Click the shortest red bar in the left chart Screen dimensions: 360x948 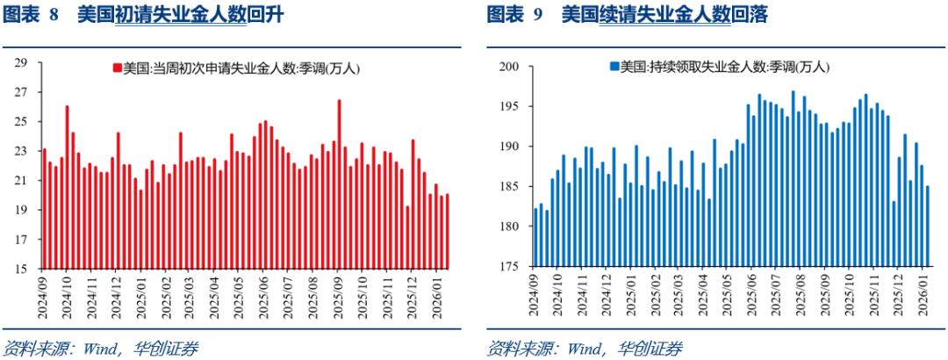coord(407,238)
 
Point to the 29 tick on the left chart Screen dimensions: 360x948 coord(23,62)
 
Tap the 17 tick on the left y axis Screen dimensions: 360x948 coord(23,240)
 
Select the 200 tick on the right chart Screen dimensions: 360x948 coord(508,67)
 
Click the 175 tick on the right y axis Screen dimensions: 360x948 coord(508,267)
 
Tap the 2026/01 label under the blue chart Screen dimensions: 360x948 coord(923,294)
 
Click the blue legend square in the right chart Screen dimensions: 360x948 coord(614,67)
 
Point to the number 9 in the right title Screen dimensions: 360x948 coord(537,15)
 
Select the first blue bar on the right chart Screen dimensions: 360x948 coord(536,237)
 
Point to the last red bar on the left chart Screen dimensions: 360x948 coord(447,232)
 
